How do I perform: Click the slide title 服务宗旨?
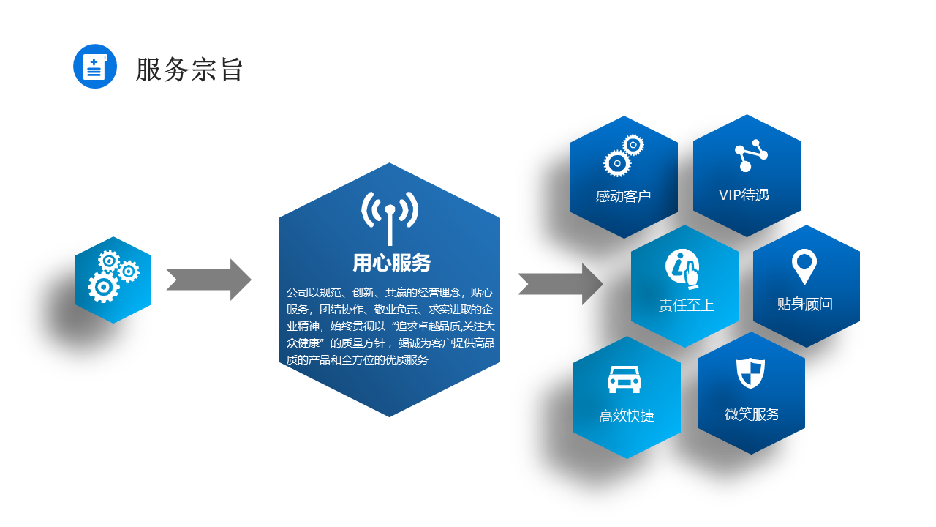(x=189, y=69)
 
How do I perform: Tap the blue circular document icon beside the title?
(x=95, y=66)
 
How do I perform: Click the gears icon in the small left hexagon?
(x=113, y=276)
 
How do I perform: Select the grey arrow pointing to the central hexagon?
(x=208, y=280)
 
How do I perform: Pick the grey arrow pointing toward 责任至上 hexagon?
(x=560, y=284)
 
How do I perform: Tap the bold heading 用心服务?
(x=391, y=263)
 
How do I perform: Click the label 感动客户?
(x=623, y=196)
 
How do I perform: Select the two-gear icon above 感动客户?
(x=624, y=155)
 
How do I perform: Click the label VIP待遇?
(x=744, y=195)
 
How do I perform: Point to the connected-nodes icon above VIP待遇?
(x=751, y=155)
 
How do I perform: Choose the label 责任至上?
(x=686, y=305)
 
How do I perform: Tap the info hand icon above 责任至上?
(x=682, y=269)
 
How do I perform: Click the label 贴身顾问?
(x=805, y=304)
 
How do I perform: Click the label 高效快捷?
(x=627, y=416)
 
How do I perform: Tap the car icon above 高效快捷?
(x=624, y=379)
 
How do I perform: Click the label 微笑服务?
(x=752, y=414)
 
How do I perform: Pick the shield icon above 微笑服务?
(x=750, y=373)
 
